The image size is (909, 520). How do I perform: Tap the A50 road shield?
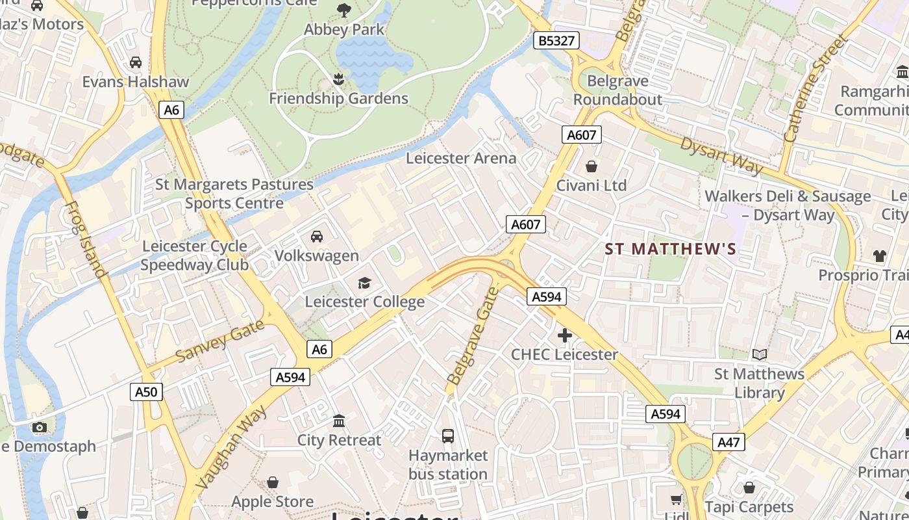[x=146, y=392]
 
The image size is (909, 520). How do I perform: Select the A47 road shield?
[x=728, y=443]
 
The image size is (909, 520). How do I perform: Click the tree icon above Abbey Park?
[x=343, y=10]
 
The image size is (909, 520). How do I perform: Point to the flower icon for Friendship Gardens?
[x=338, y=79]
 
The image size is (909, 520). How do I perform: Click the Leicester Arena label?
[x=461, y=158]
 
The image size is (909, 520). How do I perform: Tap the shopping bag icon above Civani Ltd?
[x=591, y=166]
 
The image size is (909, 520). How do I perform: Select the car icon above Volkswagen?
[x=317, y=236]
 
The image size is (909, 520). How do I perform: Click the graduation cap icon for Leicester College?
[x=364, y=283]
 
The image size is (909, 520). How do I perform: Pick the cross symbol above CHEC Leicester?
[x=564, y=335]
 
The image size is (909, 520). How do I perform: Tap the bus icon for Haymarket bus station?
[x=448, y=435]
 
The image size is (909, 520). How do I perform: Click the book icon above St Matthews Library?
[x=759, y=354]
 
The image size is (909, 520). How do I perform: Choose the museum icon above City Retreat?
[x=339, y=421]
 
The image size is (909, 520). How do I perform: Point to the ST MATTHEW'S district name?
[x=671, y=249]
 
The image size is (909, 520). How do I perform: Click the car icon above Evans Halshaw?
[x=136, y=62]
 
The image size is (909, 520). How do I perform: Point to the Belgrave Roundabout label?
[x=617, y=90]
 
